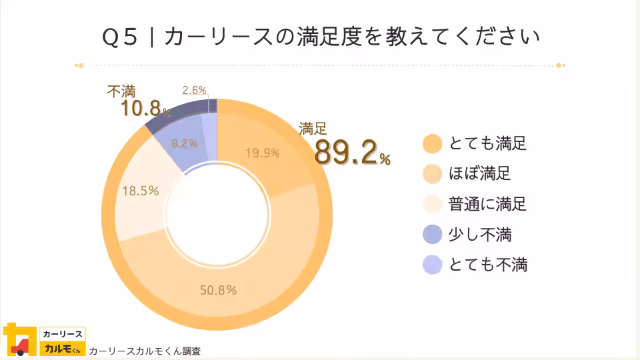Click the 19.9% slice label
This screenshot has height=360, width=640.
262,153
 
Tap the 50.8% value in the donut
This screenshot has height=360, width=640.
219,290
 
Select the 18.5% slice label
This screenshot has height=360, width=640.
140,191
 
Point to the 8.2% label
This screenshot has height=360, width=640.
184,143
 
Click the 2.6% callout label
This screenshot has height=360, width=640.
194,90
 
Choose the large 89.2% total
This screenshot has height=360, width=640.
351,153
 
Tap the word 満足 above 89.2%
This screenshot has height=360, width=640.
313,129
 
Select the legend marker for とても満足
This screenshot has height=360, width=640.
433,143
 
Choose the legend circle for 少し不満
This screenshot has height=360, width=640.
433,234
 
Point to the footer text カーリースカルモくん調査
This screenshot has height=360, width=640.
145,351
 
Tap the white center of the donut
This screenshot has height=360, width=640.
216,220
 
